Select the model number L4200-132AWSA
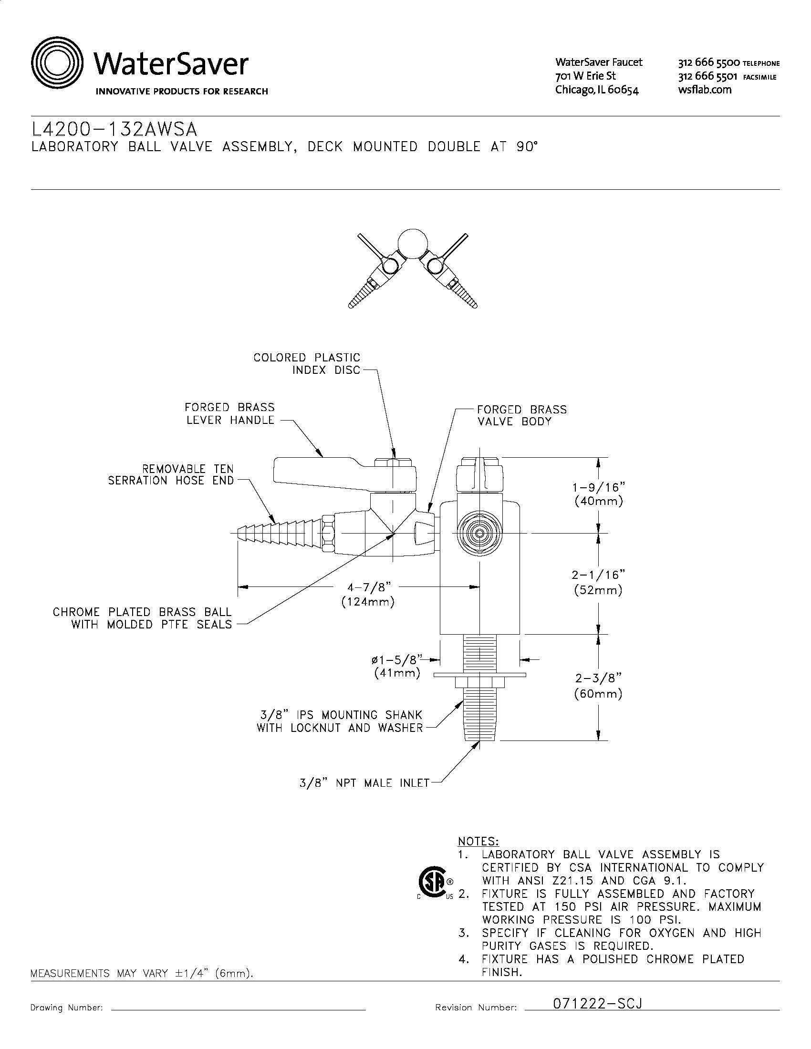coord(114,129)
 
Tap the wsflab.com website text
coord(705,89)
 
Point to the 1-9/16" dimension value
coord(599,487)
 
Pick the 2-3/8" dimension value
coord(598,678)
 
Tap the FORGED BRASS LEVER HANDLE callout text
coord(230,413)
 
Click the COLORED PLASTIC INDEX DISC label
coord(307,364)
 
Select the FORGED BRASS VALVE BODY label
coord(522,415)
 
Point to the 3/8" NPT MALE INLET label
coord(364,783)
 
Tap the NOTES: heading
coord(478,842)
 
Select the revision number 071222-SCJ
coord(598,1003)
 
